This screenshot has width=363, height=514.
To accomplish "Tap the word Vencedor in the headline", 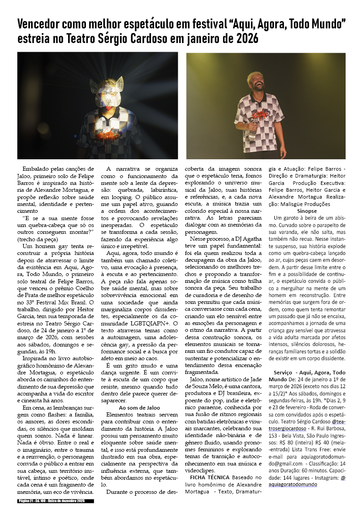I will [40, 23].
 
